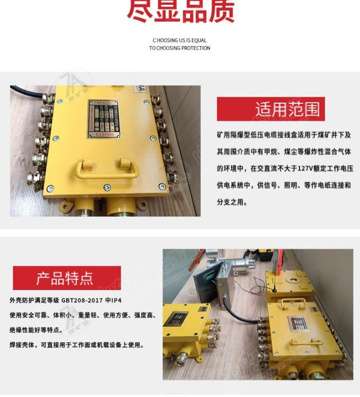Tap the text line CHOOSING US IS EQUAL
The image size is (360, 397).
tap(179, 40)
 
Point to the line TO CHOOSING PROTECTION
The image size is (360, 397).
tap(179, 48)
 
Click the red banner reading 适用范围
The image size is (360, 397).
tap(271, 109)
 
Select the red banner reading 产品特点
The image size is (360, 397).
tap(67, 278)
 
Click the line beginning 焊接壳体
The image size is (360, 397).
tap(76, 345)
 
